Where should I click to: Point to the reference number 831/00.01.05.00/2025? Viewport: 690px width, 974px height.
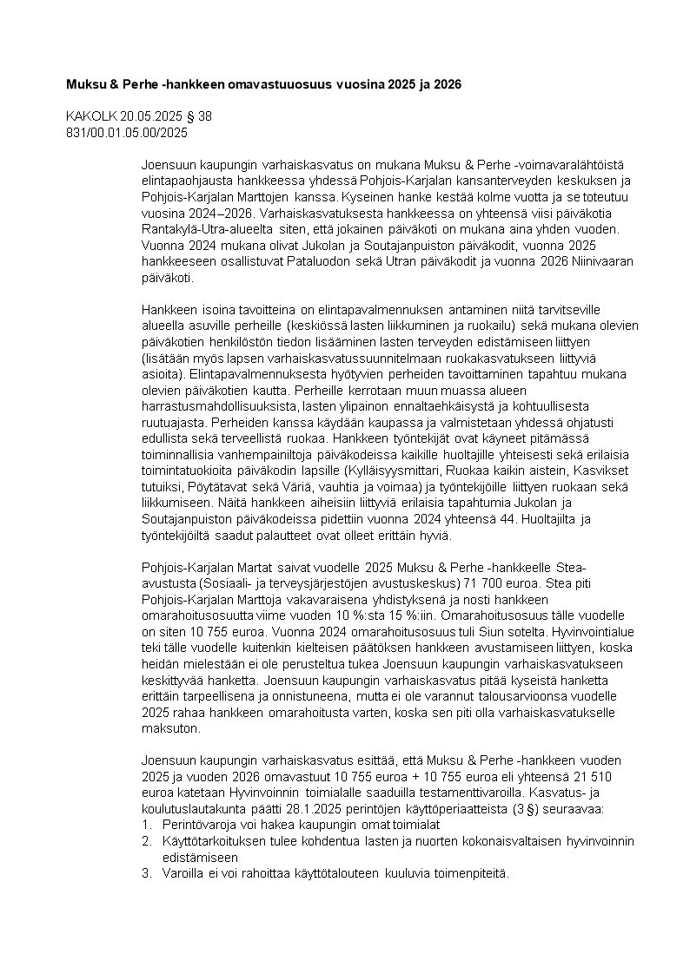[127, 132]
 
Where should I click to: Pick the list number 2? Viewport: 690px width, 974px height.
[146, 841]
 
